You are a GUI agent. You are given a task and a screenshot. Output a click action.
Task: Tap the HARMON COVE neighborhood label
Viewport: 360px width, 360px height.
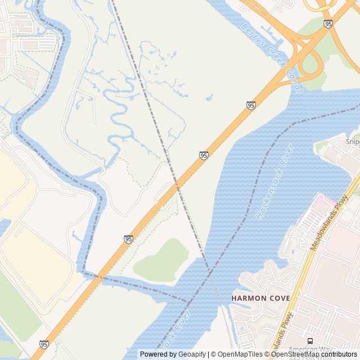(x=260, y=298)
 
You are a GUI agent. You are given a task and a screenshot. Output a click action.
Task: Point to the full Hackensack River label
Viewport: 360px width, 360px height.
(x=275, y=182)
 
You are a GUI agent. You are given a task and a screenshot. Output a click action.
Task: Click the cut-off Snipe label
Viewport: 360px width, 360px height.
(x=353, y=142)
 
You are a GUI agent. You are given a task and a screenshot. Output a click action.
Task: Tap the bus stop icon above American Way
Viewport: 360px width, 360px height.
(x=310, y=341)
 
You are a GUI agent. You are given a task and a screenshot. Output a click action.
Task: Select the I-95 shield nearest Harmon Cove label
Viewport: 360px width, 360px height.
(x=129, y=239)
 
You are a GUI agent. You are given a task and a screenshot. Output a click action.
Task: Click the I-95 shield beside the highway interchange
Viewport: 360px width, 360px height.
(x=328, y=24)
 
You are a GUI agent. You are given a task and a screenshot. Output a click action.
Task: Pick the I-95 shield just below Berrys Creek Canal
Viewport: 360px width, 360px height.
(x=251, y=105)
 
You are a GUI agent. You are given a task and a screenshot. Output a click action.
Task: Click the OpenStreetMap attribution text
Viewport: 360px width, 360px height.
(x=296, y=354)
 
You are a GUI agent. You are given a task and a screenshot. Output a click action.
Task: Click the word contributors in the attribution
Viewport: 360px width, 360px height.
(x=339, y=354)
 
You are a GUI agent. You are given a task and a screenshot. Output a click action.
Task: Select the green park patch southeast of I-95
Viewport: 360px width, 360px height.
(x=161, y=260)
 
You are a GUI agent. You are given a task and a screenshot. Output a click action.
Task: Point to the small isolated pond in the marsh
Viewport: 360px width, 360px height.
(x=209, y=98)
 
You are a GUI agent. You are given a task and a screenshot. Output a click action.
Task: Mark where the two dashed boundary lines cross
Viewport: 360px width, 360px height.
(x=210, y=273)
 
